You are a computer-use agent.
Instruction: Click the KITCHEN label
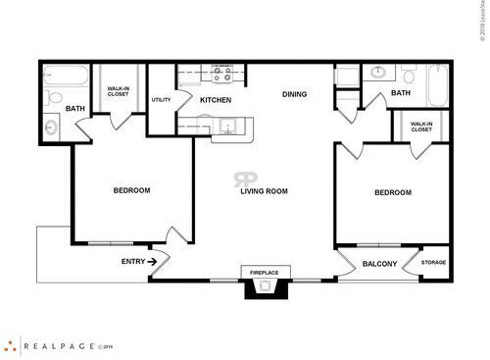[x=215, y=100]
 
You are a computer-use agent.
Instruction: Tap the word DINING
[x=294, y=95]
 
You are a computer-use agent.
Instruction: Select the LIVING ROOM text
[x=264, y=191]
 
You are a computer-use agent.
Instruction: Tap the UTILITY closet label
[x=162, y=100]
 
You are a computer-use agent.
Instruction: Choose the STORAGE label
[x=433, y=263]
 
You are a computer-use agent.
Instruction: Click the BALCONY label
[x=379, y=264]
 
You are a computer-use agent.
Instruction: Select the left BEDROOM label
[x=130, y=190]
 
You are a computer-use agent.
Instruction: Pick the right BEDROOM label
[x=393, y=193]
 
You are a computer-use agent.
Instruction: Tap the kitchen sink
[x=227, y=125]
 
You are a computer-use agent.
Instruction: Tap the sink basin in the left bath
[x=51, y=128]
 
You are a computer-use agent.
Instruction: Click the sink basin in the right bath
[x=376, y=72]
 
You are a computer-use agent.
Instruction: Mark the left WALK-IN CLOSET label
[x=120, y=90]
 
